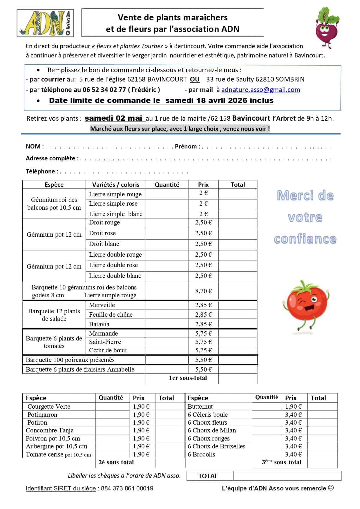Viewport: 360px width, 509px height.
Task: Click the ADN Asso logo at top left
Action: click(x=45, y=23)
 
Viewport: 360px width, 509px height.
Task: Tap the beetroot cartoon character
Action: click(x=327, y=28)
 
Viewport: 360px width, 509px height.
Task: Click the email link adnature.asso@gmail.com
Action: click(x=260, y=90)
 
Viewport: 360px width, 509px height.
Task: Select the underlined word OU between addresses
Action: click(x=195, y=79)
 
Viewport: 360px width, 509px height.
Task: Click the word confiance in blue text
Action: click(x=305, y=239)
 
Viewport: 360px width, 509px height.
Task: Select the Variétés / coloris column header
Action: click(x=115, y=184)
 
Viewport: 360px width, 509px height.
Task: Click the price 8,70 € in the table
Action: click(x=203, y=291)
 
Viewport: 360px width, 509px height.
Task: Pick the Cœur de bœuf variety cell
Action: click(x=108, y=350)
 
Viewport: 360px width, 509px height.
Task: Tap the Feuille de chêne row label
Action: click(x=111, y=314)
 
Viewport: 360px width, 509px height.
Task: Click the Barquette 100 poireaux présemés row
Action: click(x=70, y=360)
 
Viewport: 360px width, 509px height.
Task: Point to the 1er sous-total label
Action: click(x=188, y=378)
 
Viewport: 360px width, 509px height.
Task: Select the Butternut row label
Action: click(x=200, y=406)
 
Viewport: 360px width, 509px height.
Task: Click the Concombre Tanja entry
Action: click(x=50, y=430)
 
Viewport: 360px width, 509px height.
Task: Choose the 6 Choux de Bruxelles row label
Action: click(x=216, y=446)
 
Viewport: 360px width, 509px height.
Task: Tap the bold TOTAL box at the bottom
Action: click(x=208, y=476)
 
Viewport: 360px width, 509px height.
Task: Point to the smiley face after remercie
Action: click(x=331, y=488)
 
